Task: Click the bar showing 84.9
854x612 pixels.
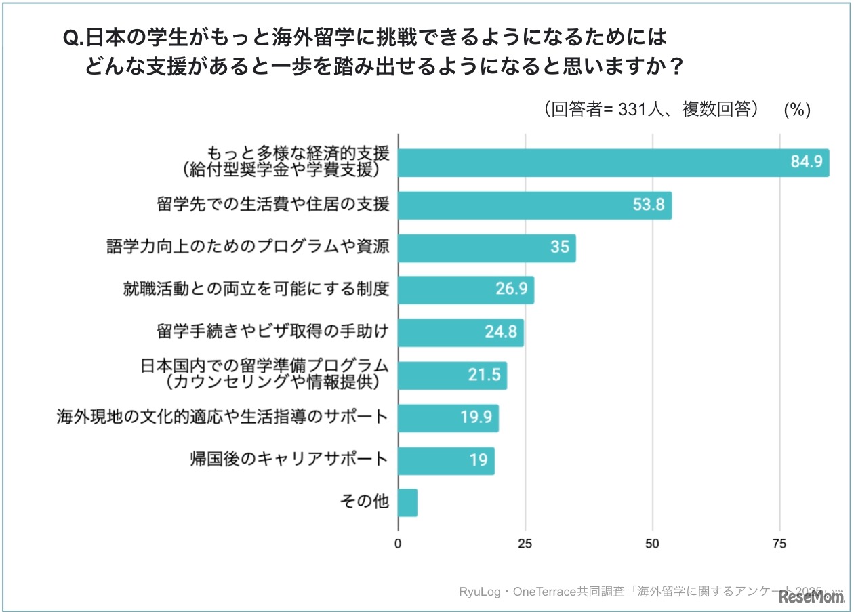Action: pos(613,162)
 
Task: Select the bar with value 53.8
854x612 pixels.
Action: pos(534,205)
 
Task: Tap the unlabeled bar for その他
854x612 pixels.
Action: pos(407,503)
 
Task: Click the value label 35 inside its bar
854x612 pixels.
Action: pos(559,247)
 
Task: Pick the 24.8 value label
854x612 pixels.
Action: pos(502,333)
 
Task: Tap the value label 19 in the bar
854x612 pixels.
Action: pos(479,460)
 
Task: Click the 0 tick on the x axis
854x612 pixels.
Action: pos(398,543)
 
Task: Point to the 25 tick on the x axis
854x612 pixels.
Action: pos(525,543)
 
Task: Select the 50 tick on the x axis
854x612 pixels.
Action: pos(652,543)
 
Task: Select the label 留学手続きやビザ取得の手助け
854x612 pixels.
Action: pos(272,331)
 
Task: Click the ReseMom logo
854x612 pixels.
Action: pos(811,596)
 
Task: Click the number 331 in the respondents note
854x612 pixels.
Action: pos(633,110)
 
